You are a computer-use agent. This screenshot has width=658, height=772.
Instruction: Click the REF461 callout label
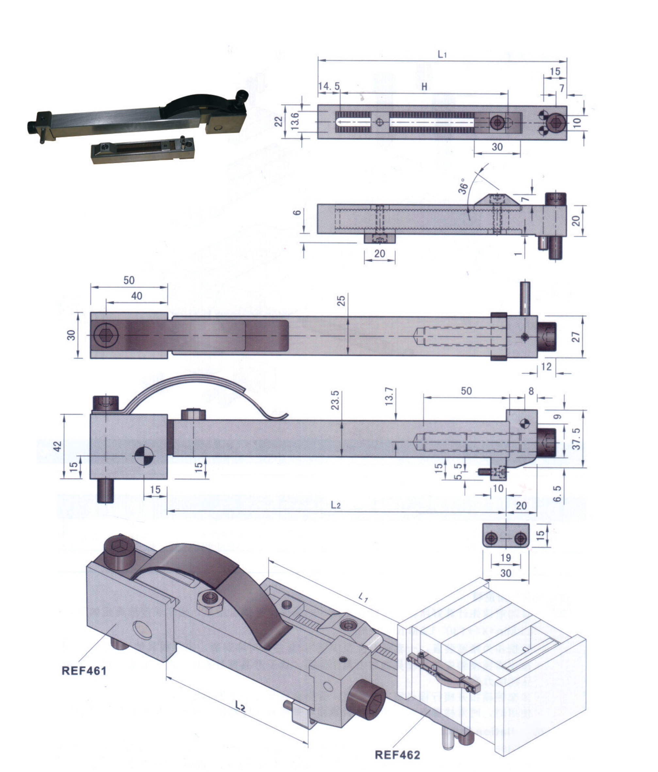tap(84, 671)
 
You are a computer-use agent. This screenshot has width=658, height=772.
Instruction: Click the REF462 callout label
tap(397, 755)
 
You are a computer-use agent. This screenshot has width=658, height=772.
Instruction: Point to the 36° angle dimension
tap(463, 187)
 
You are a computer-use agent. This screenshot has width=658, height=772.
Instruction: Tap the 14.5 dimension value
tap(329, 87)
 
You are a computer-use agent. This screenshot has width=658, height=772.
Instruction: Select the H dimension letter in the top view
tap(424, 87)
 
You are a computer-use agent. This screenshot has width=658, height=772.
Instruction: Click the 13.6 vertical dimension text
tap(295, 121)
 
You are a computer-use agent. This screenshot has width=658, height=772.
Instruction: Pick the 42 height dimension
tap(58, 446)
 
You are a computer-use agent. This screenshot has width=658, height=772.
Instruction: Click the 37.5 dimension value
tap(576, 438)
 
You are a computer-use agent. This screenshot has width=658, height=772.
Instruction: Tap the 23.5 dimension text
tap(335, 401)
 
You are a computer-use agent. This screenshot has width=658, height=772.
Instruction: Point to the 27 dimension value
tap(576, 337)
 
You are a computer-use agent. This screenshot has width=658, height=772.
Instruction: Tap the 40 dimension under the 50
tap(137, 296)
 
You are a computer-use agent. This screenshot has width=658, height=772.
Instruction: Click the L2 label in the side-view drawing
tap(336, 505)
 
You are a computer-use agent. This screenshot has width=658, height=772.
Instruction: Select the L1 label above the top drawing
tap(442, 55)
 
